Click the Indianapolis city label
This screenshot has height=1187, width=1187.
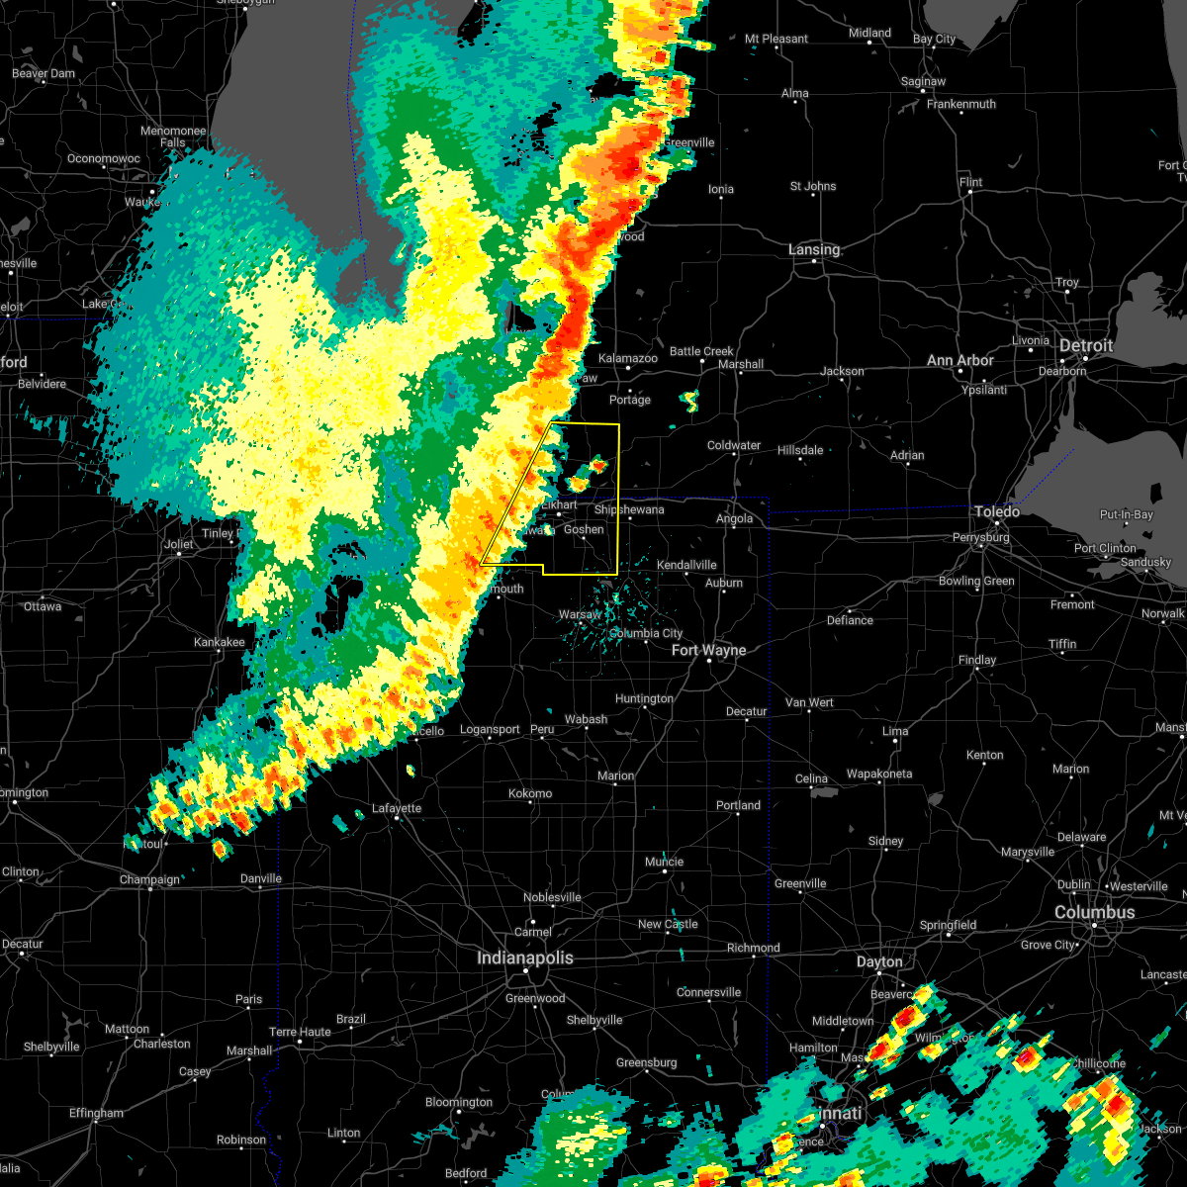pyautogui.click(x=524, y=958)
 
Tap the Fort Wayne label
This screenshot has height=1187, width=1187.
pyautogui.click(x=708, y=650)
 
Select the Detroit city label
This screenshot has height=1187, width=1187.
pyautogui.click(x=1086, y=346)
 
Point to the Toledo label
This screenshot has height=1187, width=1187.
pyautogui.click(x=997, y=511)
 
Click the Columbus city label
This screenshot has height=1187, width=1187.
pyautogui.click(x=1094, y=912)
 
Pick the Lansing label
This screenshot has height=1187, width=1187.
pyautogui.click(x=814, y=250)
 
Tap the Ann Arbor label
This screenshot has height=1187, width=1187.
pyautogui.click(x=959, y=361)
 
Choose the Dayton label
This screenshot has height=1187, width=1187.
pyautogui.click(x=879, y=961)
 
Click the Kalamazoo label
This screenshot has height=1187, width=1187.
pyautogui.click(x=628, y=358)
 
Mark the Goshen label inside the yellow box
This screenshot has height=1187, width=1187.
pyautogui.click(x=584, y=529)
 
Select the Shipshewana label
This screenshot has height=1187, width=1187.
pyautogui.click(x=629, y=509)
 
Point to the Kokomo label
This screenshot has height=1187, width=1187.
pyautogui.click(x=530, y=793)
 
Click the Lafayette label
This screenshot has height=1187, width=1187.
pyautogui.click(x=397, y=808)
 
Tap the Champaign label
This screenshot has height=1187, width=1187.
pyautogui.click(x=150, y=879)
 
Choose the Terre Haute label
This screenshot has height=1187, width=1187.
pyautogui.click(x=300, y=1032)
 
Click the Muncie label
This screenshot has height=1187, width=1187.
pyautogui.click(x=664, y=862)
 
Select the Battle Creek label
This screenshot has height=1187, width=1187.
pyautogui.click(x=701, y=351)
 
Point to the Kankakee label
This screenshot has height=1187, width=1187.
pyautogui.click(x=219, y=642)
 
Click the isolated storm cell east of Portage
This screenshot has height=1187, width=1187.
pyautogui.click(x=689, y=400)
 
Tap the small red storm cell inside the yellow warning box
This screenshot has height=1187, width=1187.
pyautogui.click(x=597, y=463)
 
